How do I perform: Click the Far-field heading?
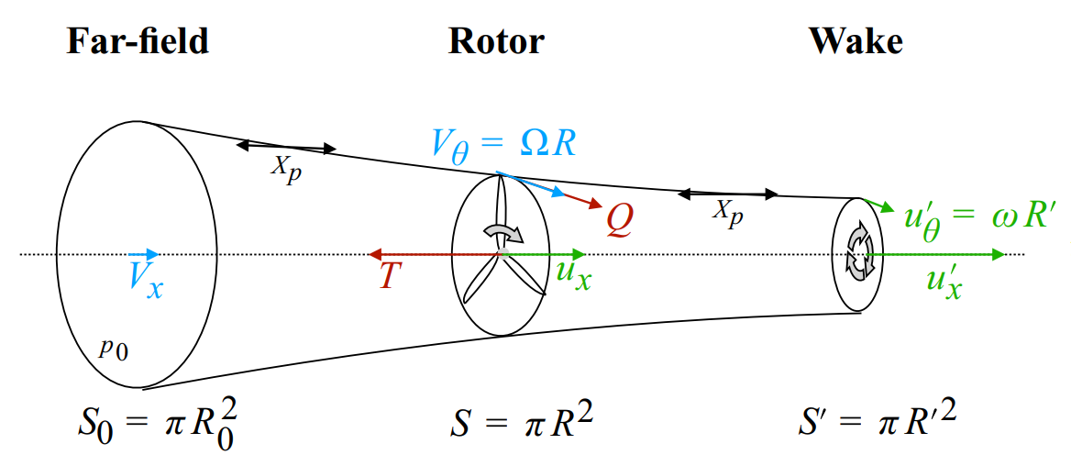pos(138,41)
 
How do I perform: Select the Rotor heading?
pos(496,41)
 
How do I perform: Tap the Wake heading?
pos(855,41)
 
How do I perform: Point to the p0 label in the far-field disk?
pos(116,348)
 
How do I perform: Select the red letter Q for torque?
pos(619,220)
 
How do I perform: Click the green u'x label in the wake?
pos(950,281)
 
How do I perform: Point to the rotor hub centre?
pos(502,252)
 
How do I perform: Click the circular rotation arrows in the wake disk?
pos(859,252)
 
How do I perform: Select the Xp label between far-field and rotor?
pos(285,171)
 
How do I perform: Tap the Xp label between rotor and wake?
pos(729,212)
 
